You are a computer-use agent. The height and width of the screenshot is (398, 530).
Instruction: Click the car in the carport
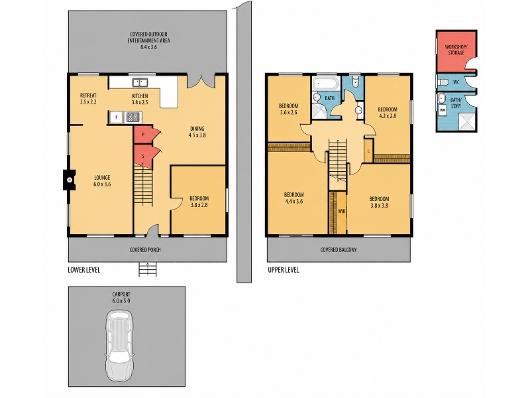tap(119, 346)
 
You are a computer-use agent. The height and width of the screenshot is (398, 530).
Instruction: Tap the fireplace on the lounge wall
tap(70, 180)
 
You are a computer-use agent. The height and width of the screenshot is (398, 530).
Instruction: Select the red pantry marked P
tap(144, 135)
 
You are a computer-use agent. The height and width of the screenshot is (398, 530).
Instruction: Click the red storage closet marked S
tap(144, 156)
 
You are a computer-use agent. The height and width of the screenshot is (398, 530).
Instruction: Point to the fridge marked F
tap(117, 117)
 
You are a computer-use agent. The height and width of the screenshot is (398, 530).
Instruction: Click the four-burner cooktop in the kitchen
tap(132, 117)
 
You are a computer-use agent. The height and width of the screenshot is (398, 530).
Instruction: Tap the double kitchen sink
tap(140, 82)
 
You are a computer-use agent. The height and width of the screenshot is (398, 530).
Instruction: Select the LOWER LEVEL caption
tap(84, 270)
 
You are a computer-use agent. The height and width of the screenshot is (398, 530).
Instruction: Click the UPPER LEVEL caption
tap(284, 270)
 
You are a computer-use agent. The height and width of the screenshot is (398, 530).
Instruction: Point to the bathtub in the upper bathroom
tap(326, 84)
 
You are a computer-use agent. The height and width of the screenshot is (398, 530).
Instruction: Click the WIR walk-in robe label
tap(342, 211)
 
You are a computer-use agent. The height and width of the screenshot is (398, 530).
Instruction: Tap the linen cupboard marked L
tap(368, 151)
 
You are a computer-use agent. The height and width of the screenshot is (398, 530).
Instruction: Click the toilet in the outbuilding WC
tap(443, 82)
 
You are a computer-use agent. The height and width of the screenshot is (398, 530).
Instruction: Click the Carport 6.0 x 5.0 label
tap(121, 297)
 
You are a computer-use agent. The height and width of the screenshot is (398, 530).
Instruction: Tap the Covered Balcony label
tap(339, 250)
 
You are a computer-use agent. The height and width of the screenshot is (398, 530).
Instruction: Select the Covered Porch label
tap(145, 250)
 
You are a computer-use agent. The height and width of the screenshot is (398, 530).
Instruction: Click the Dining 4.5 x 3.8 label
tap(197, 131)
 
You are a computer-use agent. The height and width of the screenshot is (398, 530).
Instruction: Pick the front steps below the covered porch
tap(148, 269)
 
